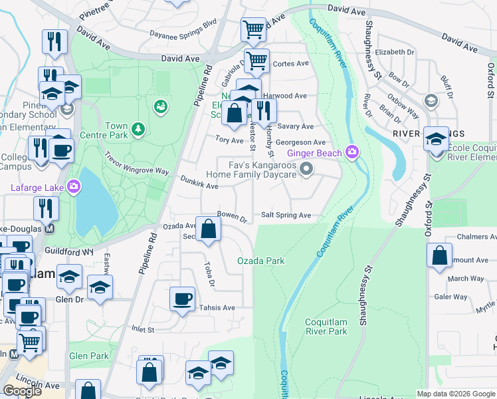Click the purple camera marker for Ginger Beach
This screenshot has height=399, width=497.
351,154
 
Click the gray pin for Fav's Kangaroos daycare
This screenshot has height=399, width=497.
306,170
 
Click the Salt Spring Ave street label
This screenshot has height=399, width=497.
286,215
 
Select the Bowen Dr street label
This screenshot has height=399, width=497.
232,216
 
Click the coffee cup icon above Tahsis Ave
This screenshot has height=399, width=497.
182,299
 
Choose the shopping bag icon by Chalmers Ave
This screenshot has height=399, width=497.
439,257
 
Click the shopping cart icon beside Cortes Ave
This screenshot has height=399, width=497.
256,61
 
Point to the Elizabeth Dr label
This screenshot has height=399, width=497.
394,52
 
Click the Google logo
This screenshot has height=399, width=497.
22,391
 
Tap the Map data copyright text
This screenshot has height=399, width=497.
456,394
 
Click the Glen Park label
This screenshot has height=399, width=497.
89,356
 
